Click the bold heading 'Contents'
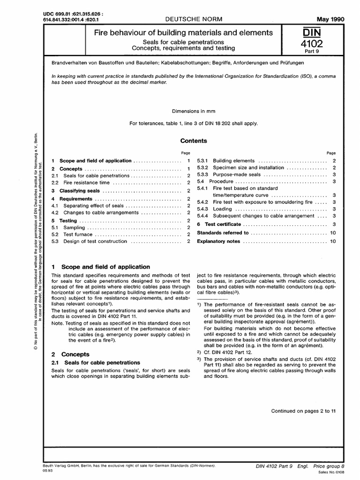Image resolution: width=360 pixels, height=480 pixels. point(194,141)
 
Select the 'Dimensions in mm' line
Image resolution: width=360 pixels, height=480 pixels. point(193,112)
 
